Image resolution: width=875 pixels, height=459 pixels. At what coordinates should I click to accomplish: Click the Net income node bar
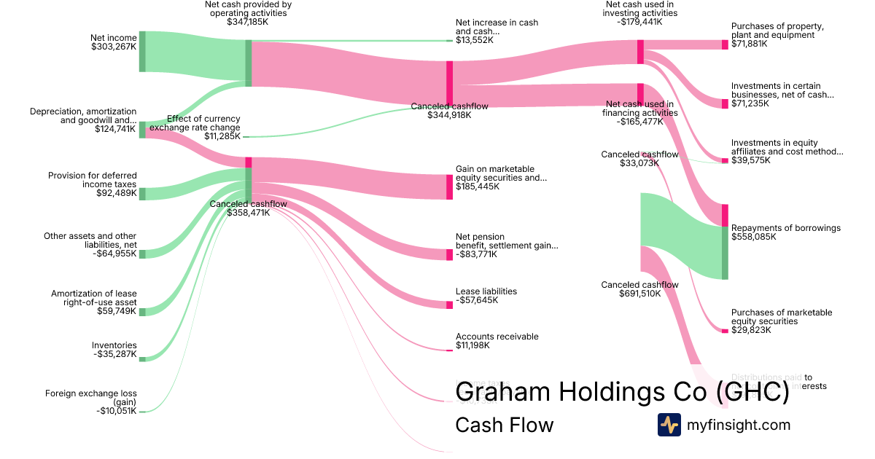coord(142,52)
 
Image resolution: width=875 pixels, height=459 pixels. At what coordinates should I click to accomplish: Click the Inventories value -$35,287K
coord(114,355)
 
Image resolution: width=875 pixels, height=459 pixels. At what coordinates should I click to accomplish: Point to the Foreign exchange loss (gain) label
coord(90,398)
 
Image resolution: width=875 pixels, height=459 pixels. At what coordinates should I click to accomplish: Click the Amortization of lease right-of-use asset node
coord(142,312)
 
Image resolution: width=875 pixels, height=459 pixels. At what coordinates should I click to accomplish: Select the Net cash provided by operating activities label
coord(247,9)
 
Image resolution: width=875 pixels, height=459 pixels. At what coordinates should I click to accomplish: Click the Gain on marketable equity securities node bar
coord(449,187)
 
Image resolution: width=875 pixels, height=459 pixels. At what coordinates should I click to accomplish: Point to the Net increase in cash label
coord(497,27)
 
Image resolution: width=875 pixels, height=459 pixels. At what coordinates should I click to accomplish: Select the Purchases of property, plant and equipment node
coord(725,44)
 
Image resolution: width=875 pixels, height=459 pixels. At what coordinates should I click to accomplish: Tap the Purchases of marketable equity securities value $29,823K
coord(751,330)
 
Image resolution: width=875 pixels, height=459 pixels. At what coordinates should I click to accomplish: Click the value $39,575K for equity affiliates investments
coord(751,160)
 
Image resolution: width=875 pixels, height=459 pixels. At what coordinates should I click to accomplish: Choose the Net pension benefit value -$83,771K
coord(481,254)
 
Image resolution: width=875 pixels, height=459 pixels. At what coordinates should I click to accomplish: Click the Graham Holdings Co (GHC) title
coord(622,392)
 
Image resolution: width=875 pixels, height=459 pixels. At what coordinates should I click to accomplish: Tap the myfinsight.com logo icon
coord(669,425)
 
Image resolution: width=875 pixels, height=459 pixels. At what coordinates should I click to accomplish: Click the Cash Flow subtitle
coord(504,425)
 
